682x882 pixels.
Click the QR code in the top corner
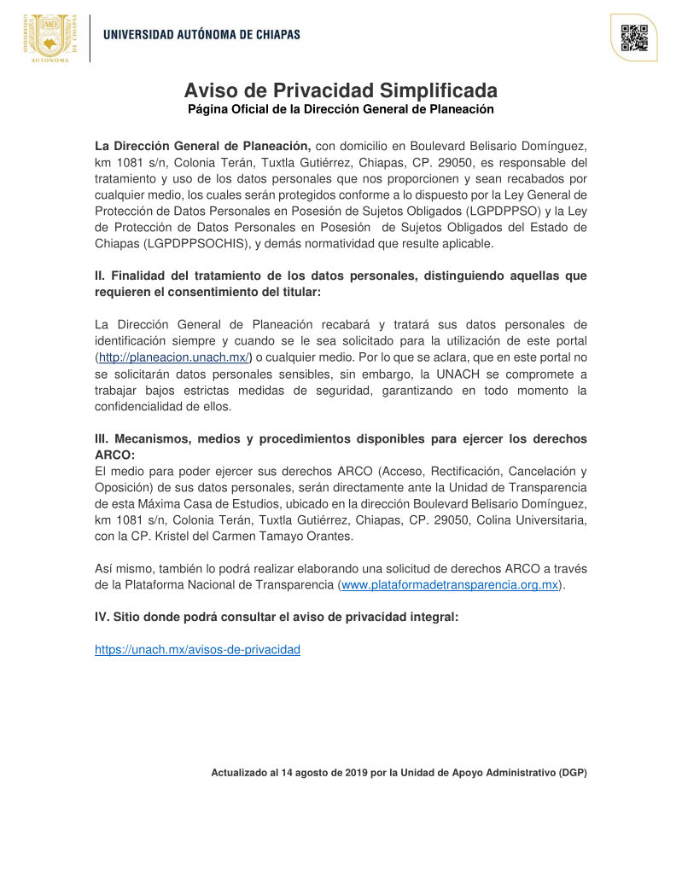pos(634,38)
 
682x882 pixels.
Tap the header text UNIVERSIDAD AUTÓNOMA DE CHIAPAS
pos(201,35)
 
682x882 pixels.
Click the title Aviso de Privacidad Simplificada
pos(341,90)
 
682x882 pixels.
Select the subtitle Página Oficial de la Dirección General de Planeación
pos(341,109)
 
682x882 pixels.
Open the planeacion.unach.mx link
pos(173,357)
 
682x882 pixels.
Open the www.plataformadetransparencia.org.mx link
pos(450,584)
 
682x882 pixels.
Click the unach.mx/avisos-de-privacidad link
pos(197,649)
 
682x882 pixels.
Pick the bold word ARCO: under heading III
pos(114,455)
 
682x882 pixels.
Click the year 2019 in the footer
pos(356,773)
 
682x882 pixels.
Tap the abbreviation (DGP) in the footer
pos(573,773)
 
